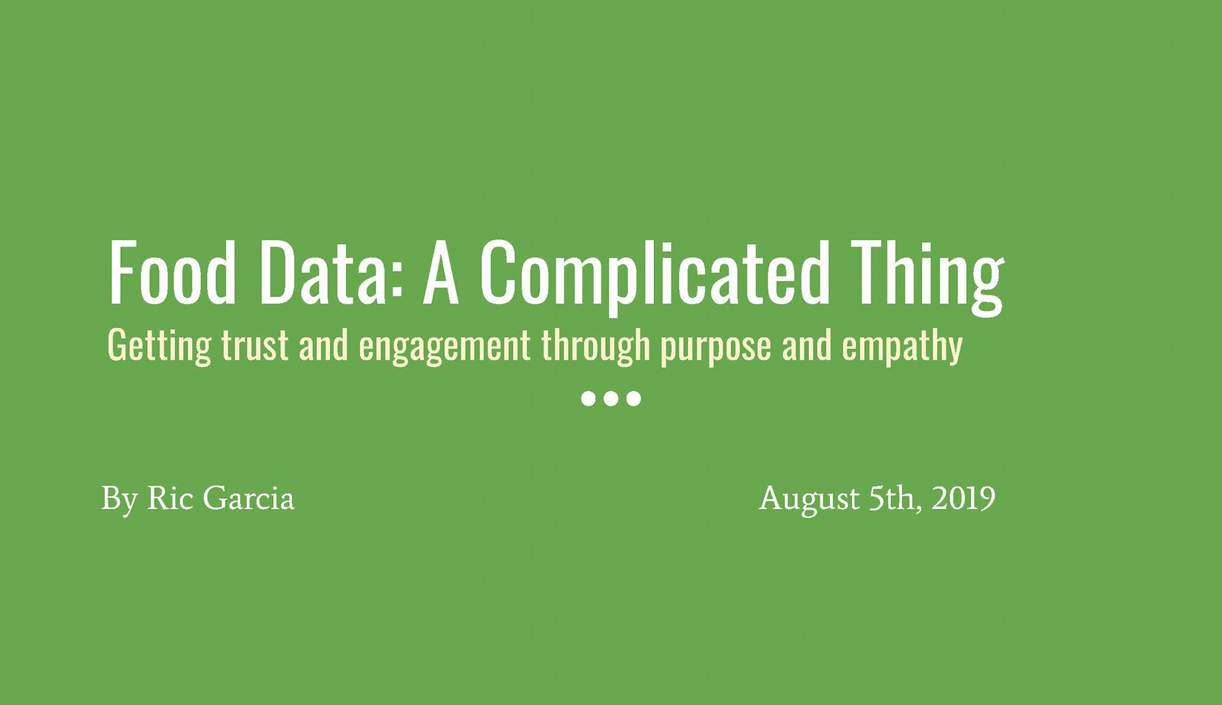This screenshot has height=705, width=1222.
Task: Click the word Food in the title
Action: (x=172, y=273)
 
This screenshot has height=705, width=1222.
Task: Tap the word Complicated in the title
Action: (x=655, y=278)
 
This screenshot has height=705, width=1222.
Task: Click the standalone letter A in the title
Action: (x=441, y=273)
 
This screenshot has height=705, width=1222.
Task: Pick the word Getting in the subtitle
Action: (x=159, y=346)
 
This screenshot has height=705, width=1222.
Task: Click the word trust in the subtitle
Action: (x=255, y=346)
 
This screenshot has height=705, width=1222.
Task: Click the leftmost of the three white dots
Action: (x=589, y=399)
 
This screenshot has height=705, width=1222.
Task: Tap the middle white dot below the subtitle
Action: (x=611, y=399)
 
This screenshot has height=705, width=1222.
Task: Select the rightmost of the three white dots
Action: (x=633, y=399)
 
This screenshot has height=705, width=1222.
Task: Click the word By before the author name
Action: (x=120, y=499)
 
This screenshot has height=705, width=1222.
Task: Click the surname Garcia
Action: (x=249, y=497)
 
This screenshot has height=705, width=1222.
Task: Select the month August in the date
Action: (x=809, y=499)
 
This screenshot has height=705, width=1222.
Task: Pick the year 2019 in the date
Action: (x=964, y=497)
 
